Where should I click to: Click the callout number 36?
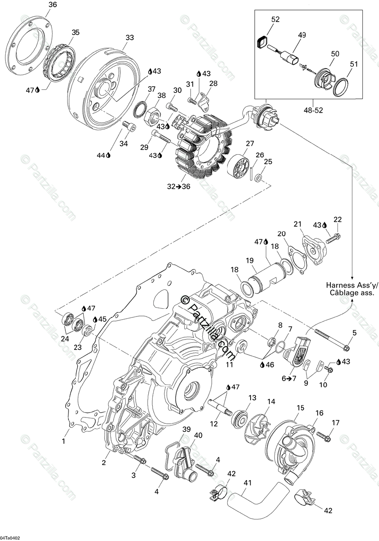53,5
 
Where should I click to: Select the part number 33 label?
130,38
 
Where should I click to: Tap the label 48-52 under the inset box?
313,110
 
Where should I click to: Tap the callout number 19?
251,261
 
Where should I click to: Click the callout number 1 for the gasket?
64,441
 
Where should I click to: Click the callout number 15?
300,408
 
